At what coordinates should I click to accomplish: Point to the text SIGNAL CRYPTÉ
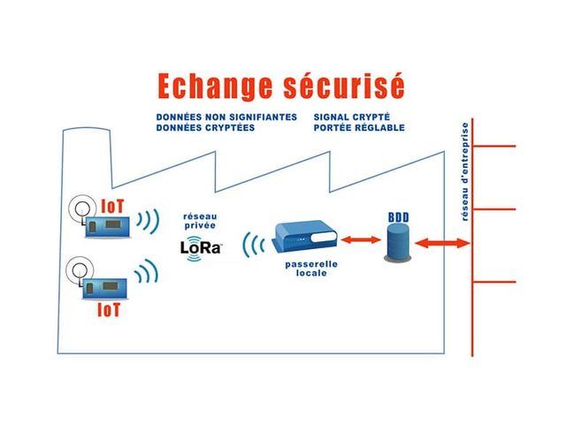tap(351, 117)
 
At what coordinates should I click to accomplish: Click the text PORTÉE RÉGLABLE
tap(358, 127)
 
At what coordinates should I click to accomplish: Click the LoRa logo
tap(201, 247)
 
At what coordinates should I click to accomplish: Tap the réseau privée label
tap(199, 220)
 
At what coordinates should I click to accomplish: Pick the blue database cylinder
tap(398, 243)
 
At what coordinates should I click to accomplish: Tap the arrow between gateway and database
tap(358, 238)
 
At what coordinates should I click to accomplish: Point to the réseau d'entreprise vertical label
tap(465, 185)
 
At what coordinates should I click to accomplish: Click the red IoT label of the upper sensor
tap(112, 206)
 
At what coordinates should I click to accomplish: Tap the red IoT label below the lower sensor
tap(108, 311)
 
